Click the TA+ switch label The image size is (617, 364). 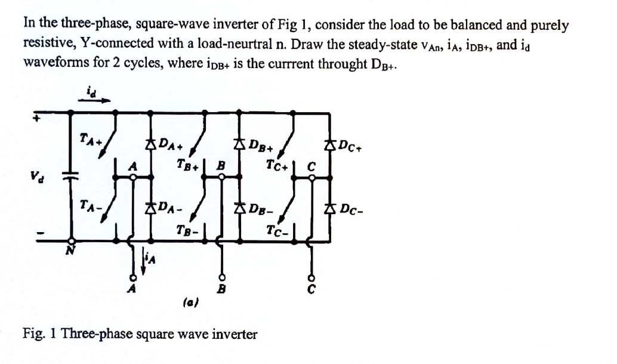tap(91, 140)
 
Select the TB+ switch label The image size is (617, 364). tap(188, 163)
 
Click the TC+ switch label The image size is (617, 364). tap(279, 163)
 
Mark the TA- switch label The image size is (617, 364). tap(91, 205)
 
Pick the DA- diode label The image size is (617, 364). tap(169, 208)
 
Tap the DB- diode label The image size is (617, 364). tap(261, 208)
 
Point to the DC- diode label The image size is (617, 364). tap(353, 208)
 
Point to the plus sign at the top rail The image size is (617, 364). tap(35, 118)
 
